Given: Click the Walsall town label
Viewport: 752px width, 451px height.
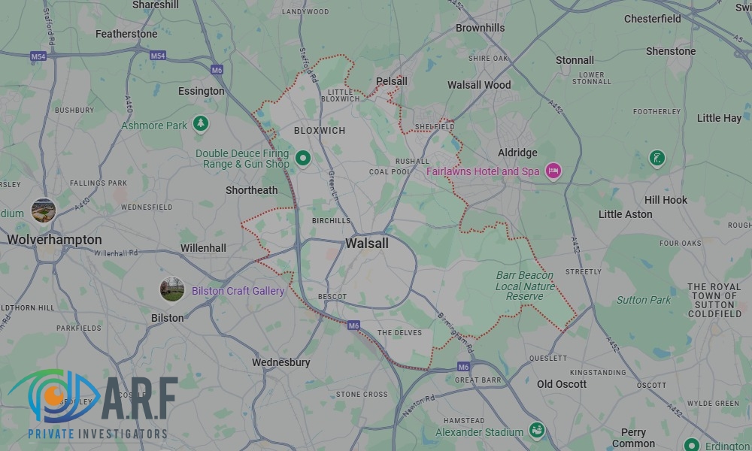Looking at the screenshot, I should (367, 244).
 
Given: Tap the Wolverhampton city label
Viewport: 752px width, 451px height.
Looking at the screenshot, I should (54, 240).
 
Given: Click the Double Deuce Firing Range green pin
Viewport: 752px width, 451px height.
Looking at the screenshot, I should (303, 158).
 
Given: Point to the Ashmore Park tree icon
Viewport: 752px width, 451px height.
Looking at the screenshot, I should (200, 123).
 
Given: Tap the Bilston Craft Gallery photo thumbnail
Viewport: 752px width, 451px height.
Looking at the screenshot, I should (172, 289).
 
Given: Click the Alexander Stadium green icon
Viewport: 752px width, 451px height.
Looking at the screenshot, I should (536, 431).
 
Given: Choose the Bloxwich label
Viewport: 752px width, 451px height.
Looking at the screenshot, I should (320, 131).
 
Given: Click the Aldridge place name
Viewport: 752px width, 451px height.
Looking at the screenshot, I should (517, 153).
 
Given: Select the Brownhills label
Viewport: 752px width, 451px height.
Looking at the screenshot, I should (481, 28).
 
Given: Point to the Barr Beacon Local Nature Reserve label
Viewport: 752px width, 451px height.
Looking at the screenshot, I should (525, 286).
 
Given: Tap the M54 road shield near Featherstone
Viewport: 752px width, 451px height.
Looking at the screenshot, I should (157, 56).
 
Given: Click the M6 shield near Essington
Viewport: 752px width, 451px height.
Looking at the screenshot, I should (217, 70).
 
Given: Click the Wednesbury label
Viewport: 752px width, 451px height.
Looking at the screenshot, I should (281, 362).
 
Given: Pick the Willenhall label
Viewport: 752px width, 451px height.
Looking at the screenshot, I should (203, 248).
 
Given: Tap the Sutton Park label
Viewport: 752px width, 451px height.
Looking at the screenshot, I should (644, 300).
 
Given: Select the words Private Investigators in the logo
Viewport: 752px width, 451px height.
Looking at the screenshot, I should (98, 434).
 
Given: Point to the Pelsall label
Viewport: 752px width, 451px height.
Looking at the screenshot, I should (392, 81).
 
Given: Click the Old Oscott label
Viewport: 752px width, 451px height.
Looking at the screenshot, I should (562, 384).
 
